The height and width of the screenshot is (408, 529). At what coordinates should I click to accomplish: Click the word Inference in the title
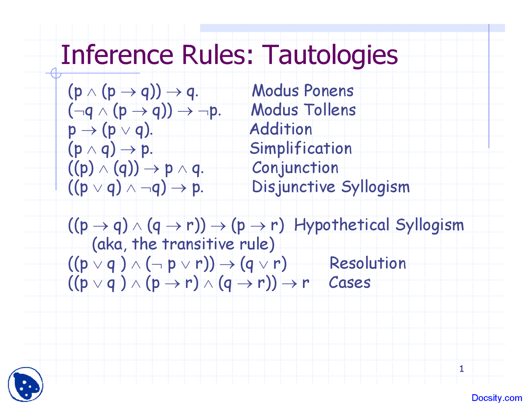click(117, 55)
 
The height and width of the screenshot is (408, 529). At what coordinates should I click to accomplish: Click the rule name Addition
click(281, 129)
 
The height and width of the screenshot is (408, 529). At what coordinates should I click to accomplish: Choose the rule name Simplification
click(301, 149)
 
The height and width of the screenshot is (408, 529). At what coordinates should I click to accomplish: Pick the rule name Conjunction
click(295, 168)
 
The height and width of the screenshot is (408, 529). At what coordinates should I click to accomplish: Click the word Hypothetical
click(342, 225)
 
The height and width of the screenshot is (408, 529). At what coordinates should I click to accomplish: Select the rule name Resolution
click(368, 263)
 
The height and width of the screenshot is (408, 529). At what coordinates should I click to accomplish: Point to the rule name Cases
click(350, 283)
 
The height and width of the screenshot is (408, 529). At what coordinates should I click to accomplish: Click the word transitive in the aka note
click(198, 244)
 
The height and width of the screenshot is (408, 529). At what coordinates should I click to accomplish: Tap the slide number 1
click(462, 369)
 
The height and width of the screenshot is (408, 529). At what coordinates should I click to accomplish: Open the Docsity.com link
click(497, 398)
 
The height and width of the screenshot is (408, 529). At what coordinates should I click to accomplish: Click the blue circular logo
click(26, 384)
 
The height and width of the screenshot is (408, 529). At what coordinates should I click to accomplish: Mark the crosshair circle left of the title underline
click(56, 73)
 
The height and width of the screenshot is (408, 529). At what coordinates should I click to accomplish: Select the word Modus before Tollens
click(274, 110)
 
